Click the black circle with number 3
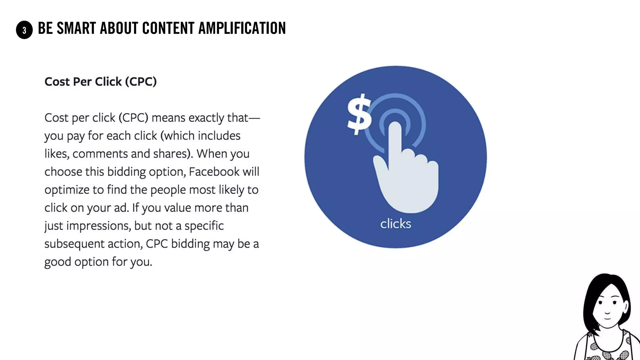pos(24,30)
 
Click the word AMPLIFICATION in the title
pos(242,28)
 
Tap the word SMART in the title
pos(76,28)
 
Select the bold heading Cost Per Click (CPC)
pos(100,82)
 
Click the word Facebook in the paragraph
pos(214,172)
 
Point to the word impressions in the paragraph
pos(98,226)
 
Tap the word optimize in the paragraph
pos(67,190)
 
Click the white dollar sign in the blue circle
pos(359,114)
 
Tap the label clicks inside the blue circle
pos(396,224)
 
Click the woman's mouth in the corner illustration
pos(607,319)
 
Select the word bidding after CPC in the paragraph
pos(190,244)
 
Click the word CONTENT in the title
pos(168,28)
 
